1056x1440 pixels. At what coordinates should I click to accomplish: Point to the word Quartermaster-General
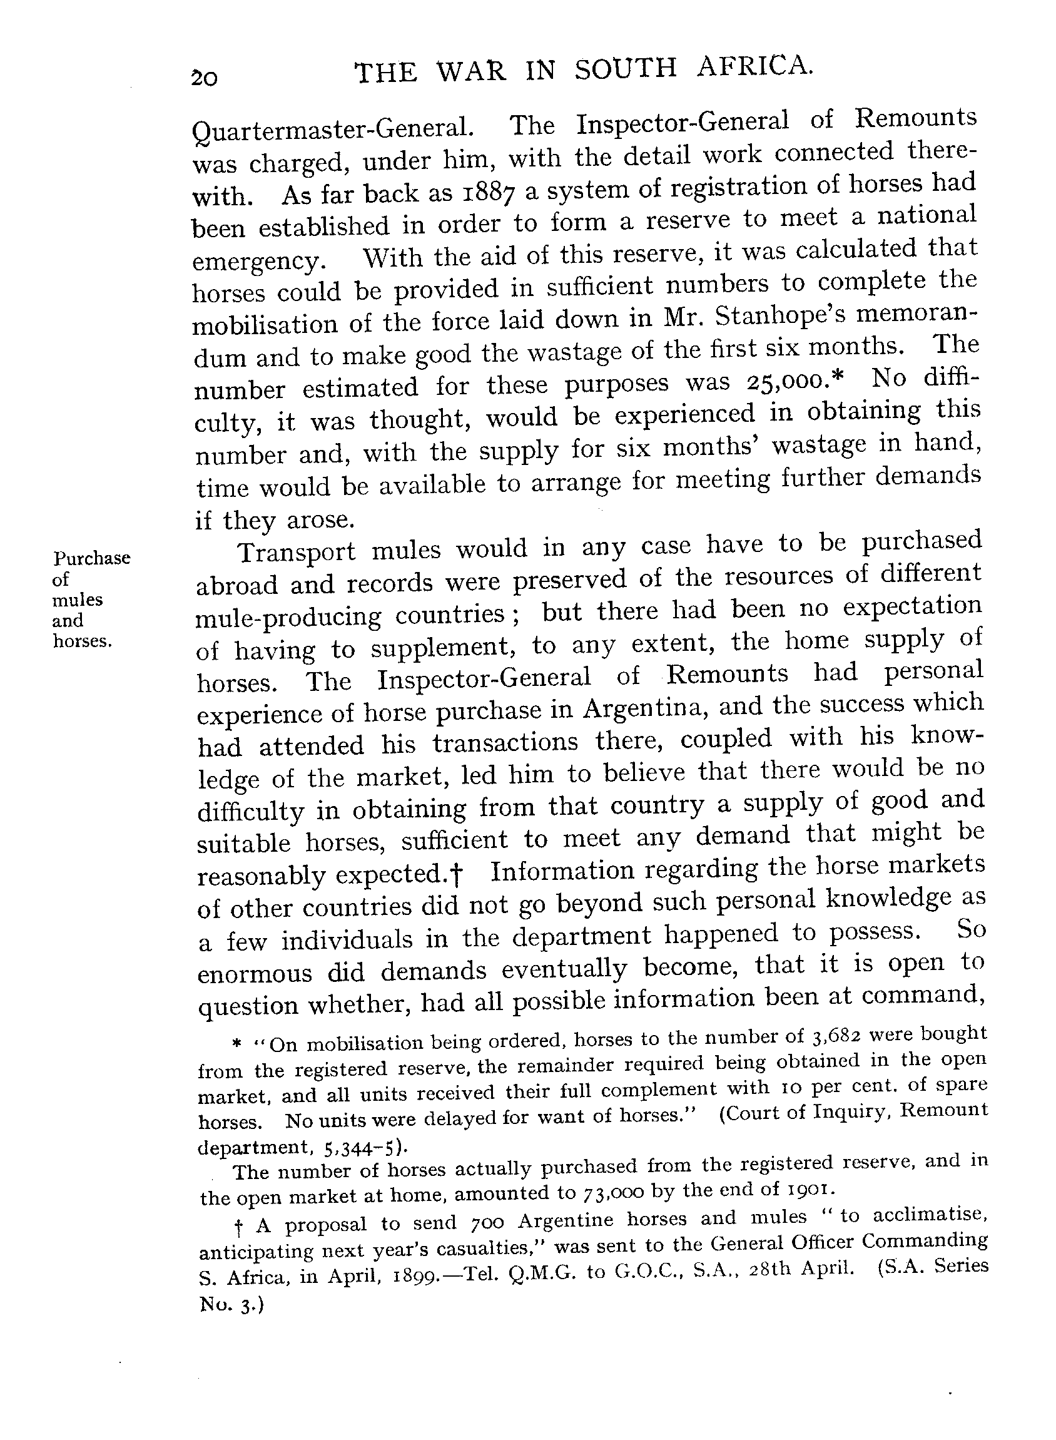(x=332, y=130)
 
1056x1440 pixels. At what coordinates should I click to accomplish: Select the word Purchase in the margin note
(x=92, y=558)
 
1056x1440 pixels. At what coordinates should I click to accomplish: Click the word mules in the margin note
(x=78, y=600)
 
